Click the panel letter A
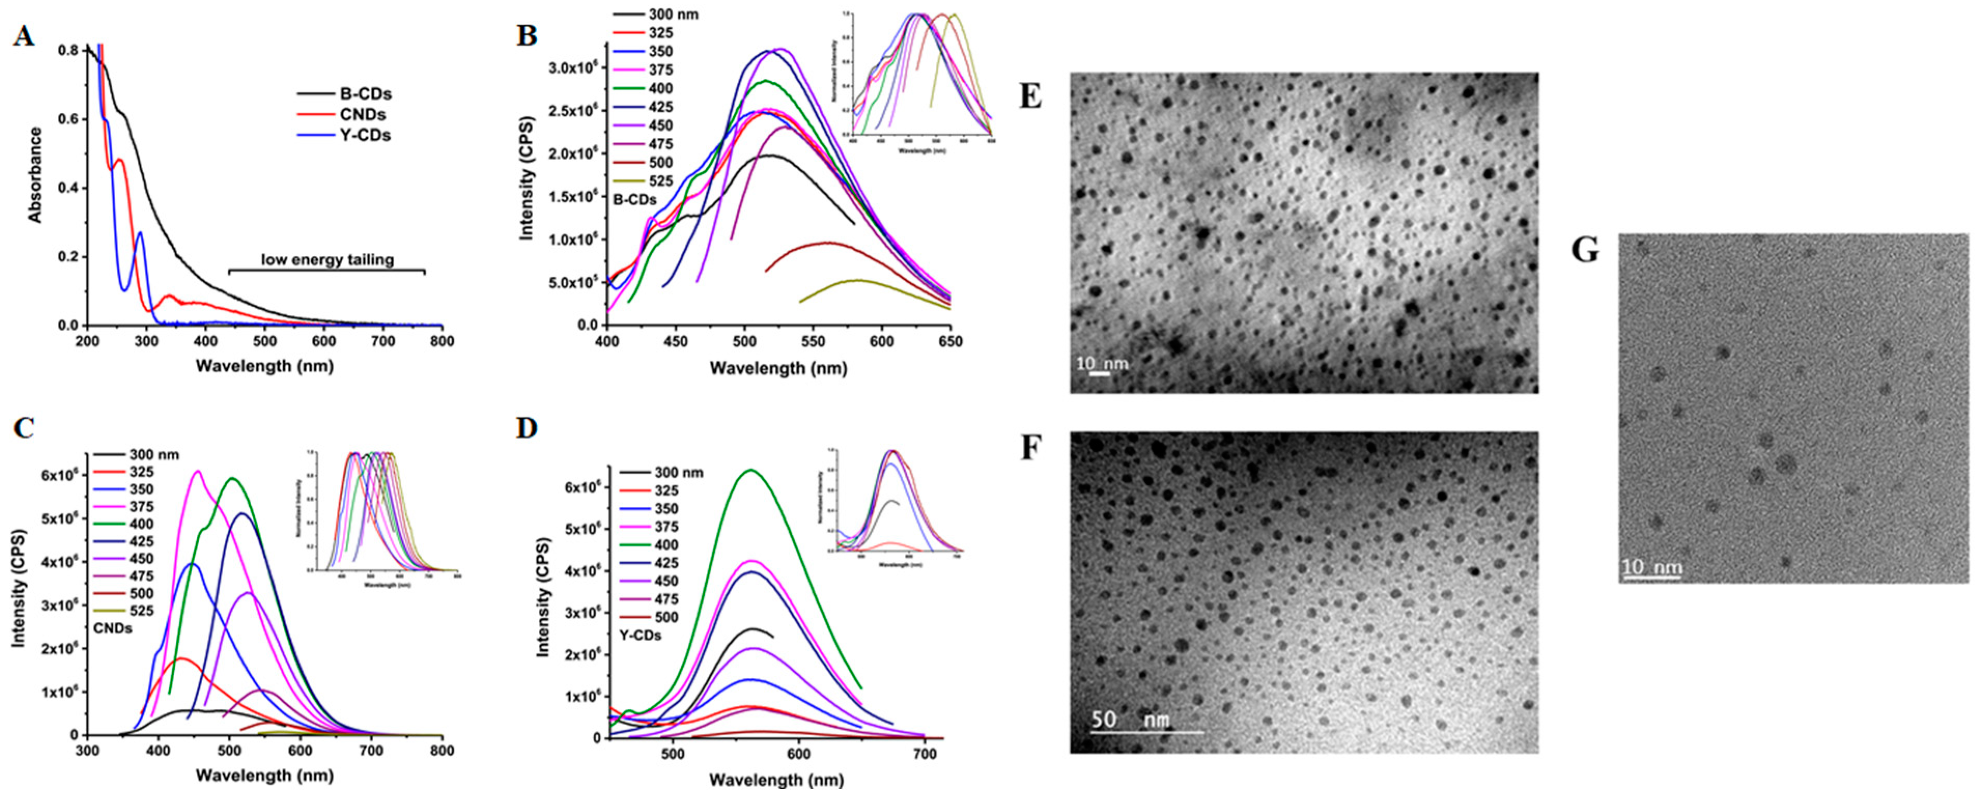pyautogui.click(x=24, y=36)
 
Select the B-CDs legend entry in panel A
pyautogui.click(x=365, y=94)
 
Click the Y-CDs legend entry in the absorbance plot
pyautogui.click(x=365, y=135)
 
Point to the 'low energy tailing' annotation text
pyautogui.click(x=328, y=260)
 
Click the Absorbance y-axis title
pyautogui.click(x=35, y=175)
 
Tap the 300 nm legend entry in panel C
pyautogui.click(x=154, y=454)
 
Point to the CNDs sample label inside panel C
pyautogui.click(x=113, y=628)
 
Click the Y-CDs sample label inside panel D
pyautogui.click(x=640, y=636)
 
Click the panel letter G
pyautogui.click(x=1585, y=251)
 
